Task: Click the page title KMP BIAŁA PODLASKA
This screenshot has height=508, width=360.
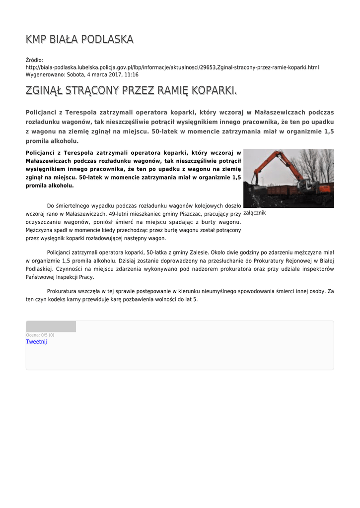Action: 79,39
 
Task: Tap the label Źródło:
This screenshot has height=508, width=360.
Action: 34,60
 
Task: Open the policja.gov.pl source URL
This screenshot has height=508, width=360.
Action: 172,67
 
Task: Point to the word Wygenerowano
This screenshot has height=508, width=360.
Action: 45,74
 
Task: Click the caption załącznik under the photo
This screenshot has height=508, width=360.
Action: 255,213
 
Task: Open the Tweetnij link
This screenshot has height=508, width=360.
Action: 36,342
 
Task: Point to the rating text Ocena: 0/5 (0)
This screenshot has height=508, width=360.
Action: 40,335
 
